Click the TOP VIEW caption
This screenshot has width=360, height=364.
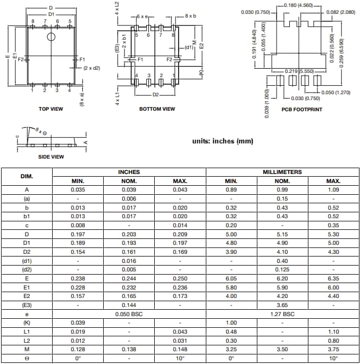click(51, 109)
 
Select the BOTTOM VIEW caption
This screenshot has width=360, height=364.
click(157, 109)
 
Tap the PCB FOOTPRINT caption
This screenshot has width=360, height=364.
click(302, 110)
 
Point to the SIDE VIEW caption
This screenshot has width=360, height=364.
click(51, 157)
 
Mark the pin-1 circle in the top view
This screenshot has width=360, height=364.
click(51, 37)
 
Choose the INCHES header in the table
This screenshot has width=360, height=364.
click(129, 172)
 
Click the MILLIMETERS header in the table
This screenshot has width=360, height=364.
click(282, 172)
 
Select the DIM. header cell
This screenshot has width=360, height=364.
click(27, 176)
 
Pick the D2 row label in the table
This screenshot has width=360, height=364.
click(27, 252)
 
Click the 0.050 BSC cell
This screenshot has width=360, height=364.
click(129, 314)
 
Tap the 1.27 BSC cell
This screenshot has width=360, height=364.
click(282, 314)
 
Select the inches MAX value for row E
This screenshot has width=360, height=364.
click(180, 278)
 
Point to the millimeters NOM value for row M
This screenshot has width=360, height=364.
click(282, 350)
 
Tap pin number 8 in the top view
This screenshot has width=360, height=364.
click(32, 21)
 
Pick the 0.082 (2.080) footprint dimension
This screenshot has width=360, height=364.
click(340, 12)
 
